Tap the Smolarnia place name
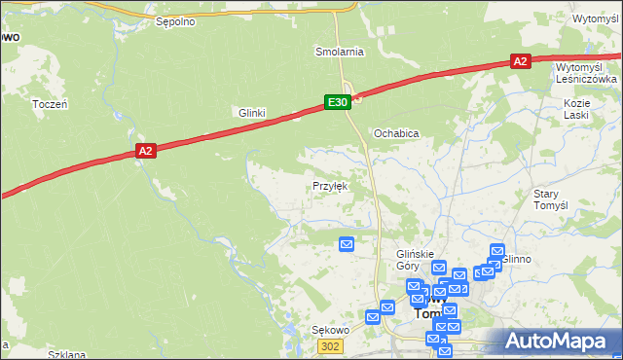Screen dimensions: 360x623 tap(339, 51)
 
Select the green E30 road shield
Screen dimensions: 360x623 tap(337, 101)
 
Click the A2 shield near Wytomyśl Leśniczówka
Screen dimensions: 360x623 tap(520, 61)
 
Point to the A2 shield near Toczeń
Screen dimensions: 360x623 tap(145, 150)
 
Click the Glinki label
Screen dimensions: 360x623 tap(252, 113)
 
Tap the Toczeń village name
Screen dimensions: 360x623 tap(49, 104)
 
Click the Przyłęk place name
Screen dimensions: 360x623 tap(329, 185)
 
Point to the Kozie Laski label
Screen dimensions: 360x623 tap(577, 108)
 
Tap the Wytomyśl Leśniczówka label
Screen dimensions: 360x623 tap(586, 73)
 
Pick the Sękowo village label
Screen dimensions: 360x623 tap(329, 331)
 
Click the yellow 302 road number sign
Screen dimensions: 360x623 tap(333, 346)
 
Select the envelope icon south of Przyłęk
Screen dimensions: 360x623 tap(346, 244)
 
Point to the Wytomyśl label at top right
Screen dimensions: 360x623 tap(596, 18)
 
